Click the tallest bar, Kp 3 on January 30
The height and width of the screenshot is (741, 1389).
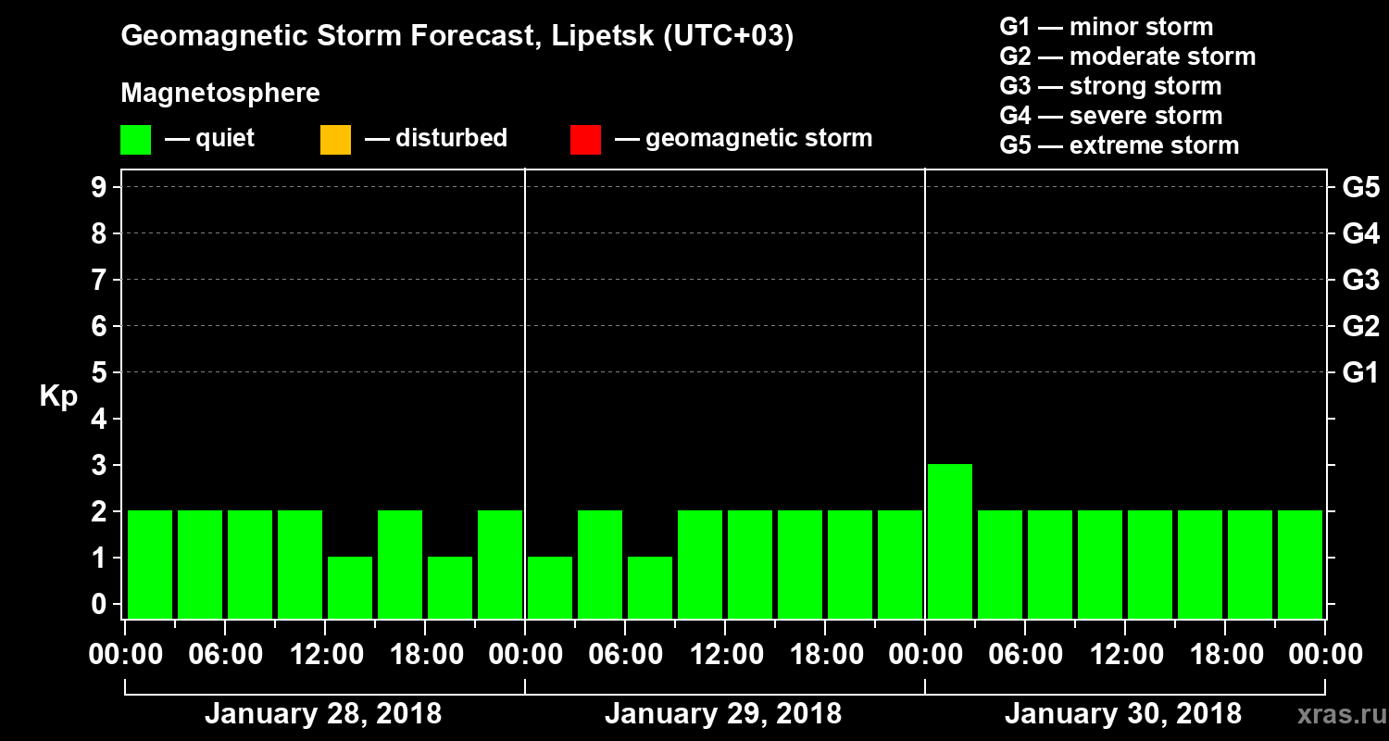pos(950,540)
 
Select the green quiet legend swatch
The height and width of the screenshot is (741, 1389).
pos(135,140)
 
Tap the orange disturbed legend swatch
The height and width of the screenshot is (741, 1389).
pos(335,140)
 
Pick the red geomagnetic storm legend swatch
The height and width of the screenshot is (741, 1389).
pos(585,140)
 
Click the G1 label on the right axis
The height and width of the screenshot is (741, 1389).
pos(1360,373)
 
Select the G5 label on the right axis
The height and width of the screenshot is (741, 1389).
pos(1360,188)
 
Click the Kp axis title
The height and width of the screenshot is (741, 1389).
pos(58,396)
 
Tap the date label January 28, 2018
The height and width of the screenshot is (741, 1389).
pos(322,714)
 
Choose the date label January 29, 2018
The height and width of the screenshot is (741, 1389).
pos(722,714)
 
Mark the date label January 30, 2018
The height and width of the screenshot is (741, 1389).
pos(1122,714)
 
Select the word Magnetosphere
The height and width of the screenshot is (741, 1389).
pos(220,94)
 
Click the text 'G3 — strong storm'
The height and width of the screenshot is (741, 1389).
pos(1110,86)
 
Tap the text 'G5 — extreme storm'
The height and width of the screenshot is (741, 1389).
pos(1119,145)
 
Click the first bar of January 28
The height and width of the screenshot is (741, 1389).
pos(150,563)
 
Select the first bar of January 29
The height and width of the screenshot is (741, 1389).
pos(550,586)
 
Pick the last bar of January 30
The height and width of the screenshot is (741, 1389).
pos(1300,563)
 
